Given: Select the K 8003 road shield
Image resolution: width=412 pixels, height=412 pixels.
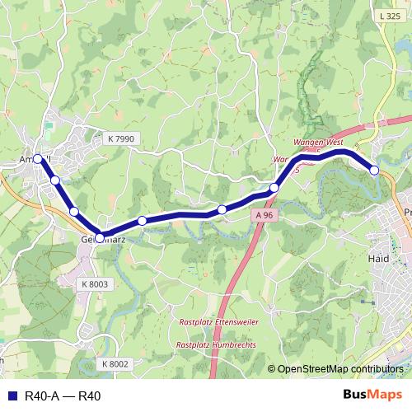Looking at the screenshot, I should point(95,283).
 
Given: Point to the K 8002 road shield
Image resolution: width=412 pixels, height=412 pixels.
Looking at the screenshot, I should point(116,363).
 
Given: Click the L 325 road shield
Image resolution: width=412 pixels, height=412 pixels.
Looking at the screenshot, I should point(390,16).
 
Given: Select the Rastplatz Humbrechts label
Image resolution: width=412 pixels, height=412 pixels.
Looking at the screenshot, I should point(216,344).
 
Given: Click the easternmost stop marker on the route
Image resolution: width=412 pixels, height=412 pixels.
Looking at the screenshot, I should point(374,170).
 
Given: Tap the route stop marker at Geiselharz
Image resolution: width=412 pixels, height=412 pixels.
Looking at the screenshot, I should point(100,238).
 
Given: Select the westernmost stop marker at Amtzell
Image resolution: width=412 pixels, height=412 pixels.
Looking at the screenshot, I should point(38,159).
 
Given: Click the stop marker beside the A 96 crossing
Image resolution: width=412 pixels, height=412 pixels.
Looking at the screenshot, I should point(274,188).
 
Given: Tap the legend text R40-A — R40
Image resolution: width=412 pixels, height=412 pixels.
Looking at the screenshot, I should point(63,396).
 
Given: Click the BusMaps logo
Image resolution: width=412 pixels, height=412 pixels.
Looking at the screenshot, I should point(372,396).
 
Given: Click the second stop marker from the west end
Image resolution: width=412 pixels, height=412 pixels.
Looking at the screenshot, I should point(55,180).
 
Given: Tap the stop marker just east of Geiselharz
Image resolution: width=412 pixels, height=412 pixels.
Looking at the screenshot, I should point(143,220).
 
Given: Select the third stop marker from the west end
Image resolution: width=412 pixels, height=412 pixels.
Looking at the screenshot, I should point(74,212).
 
